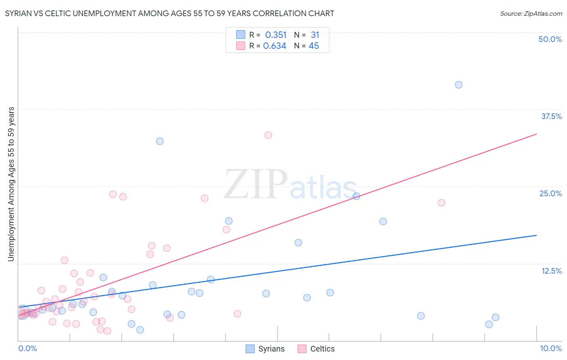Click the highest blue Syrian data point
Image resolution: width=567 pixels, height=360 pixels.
pos(459,85)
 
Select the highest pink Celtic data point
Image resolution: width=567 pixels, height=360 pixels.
pos(268,135)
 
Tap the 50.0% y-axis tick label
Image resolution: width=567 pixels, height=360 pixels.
pos(550,39)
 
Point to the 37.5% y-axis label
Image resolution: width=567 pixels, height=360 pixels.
pos(551,116)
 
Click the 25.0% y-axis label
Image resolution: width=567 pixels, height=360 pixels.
pos(550,193)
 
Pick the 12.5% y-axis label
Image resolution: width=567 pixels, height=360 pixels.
pos(551,271)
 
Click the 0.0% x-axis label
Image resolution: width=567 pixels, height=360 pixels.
pos(27,348)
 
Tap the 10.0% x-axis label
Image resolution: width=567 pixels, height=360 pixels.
pos(550,348)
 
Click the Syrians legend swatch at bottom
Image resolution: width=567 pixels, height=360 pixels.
pos(250,349)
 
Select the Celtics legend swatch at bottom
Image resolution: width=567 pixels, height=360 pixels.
pos(302,349)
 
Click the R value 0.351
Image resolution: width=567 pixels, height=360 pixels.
pos(276,35)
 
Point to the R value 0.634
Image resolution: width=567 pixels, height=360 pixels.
pos(275,46)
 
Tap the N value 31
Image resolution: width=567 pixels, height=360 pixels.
pos(315,35)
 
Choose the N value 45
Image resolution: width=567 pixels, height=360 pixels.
pos(314,46)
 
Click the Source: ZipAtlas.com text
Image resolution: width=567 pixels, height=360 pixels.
pos(531,14)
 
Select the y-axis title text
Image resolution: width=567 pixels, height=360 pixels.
pos(11,184)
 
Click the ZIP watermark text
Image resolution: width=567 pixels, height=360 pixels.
pos(256,185)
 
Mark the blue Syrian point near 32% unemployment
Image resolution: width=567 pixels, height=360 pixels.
pos(160,141)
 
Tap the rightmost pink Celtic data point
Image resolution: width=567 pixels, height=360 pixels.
pos(442,203)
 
